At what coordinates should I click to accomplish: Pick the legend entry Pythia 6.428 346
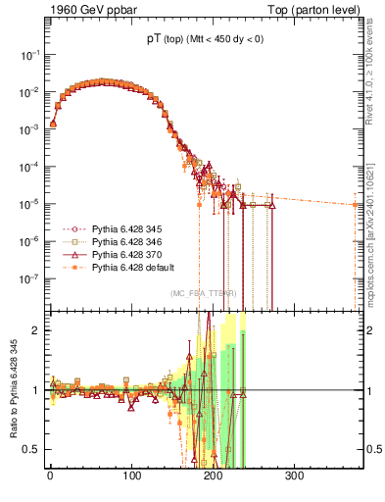point(118,242)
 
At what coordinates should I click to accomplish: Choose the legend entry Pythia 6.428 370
point(118,255)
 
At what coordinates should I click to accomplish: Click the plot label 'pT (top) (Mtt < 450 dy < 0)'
point(199,39)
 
